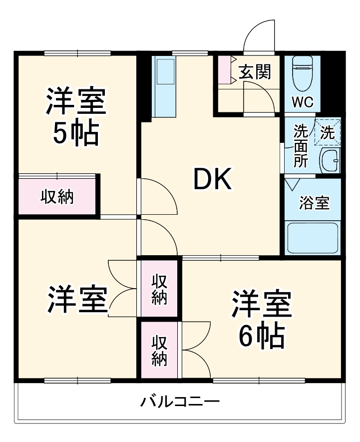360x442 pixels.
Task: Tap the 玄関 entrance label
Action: coord(254,72)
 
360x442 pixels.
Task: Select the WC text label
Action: coord(302,102)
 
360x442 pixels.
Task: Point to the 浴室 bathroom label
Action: coord(314,203)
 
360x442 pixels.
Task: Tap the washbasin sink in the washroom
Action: coord(329,161)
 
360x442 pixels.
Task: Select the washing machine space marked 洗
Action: coord(328,132)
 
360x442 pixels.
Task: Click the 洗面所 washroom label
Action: coord(300,146)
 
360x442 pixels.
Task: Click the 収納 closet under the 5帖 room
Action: coord(57,197)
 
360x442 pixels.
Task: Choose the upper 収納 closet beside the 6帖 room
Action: coord(159,289)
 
